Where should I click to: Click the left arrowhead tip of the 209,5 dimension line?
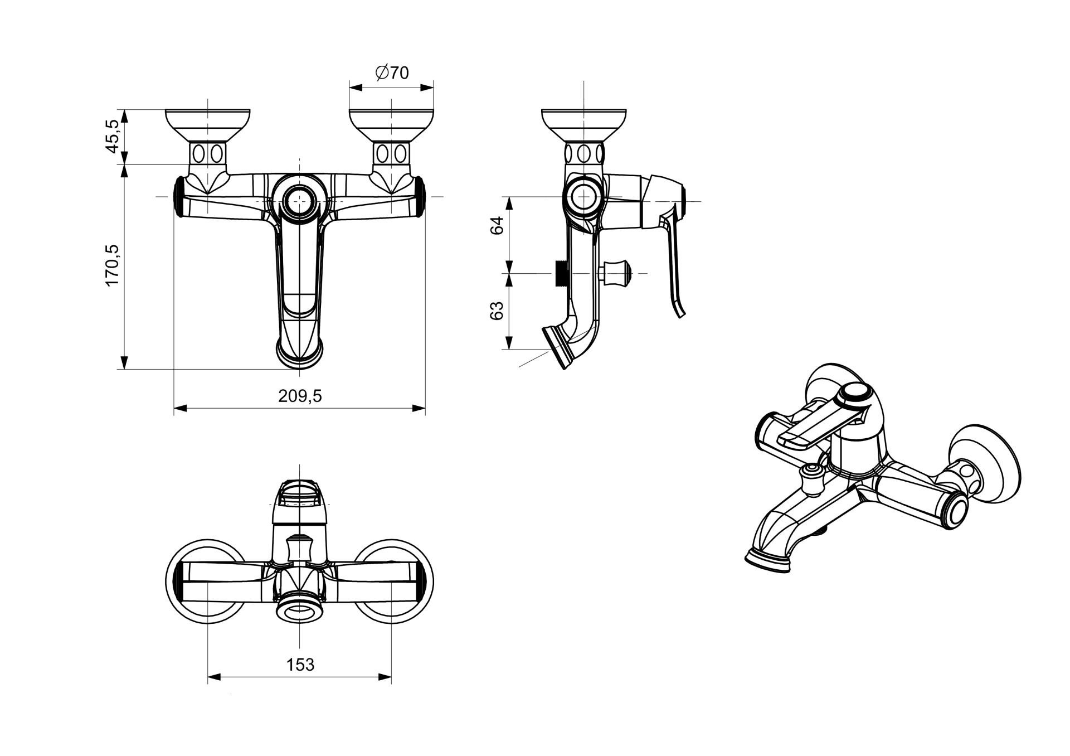[x=174, y=409]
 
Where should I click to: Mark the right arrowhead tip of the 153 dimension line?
[x=391, y=677]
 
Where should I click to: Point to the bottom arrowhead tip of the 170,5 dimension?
[x=124, y=369]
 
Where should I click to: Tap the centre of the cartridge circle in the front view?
[x=299, y=197]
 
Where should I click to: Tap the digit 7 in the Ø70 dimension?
[x=392, y=73]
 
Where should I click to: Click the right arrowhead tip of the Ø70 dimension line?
[x=434, y=87]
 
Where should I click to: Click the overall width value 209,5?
[x=300, y=395]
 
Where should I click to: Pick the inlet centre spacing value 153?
[x=300, y=665]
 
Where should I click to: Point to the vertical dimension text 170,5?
[x=113, y=264]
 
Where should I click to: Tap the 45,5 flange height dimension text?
[x=113, y=136]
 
